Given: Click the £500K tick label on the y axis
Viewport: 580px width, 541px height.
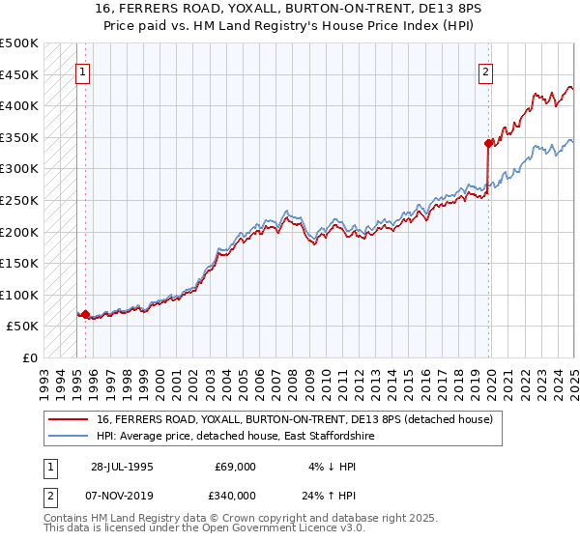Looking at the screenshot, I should point(18,43).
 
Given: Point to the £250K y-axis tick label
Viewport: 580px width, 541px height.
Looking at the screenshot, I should point(18,200).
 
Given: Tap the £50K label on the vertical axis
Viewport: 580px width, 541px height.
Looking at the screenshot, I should point(22,326).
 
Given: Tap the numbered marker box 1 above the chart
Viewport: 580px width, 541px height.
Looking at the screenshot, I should point(82,71).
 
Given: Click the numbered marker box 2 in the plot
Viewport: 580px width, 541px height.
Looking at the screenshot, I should point(485,71).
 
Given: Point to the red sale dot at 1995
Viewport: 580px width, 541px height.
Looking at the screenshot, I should point(85,314).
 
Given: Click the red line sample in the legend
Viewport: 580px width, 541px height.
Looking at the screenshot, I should point(69,420).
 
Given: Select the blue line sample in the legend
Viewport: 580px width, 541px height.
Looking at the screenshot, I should point(69,437).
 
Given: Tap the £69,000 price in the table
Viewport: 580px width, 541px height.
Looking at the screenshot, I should point(236,467).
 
